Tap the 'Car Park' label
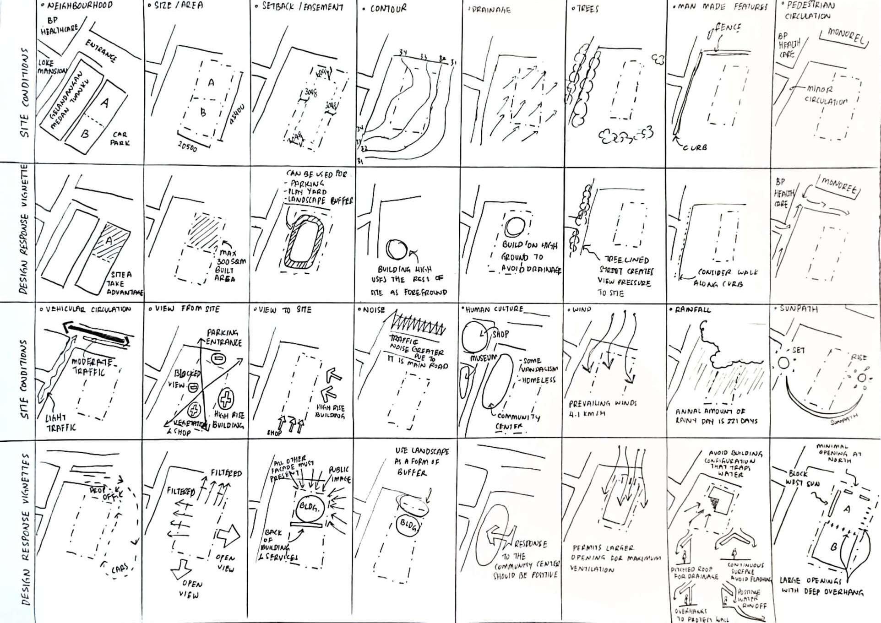click(120, 139)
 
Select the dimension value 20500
click(187, 146)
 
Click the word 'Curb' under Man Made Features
click(695, 147)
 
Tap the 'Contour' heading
click(388, 9)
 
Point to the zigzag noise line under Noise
click(418, 325)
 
